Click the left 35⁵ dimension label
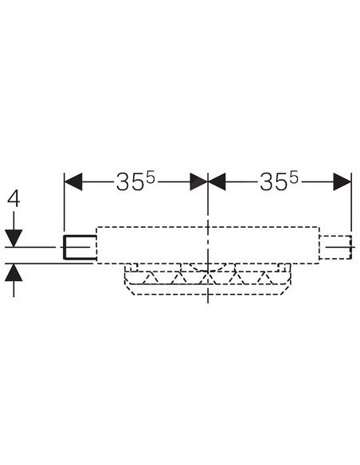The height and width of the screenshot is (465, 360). pyautogui.click(x=135, y=182)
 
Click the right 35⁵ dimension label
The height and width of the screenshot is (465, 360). pyautogui.click(x=279, y=182)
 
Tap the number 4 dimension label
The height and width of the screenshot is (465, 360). pyautogui.click(x=14, y=199)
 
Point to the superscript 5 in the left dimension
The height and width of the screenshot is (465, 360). pyautogui.click(x=151, y=178)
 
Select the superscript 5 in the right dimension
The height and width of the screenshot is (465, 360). pyautogui.click(x=294, y=178)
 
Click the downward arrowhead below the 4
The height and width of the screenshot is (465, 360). pyautogui.click(x=14, y=238)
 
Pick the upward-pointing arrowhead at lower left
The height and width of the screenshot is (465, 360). pyautogui.click(x=14, y=272)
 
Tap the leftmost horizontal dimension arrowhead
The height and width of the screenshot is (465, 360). pyautogui.click(x=73, y=182)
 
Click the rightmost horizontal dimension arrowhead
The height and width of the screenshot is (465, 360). pyautogui.click(x=342, y=182)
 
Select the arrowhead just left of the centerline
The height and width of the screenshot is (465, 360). pyautogui.click(x=199, y=182)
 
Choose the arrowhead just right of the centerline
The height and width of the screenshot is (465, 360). pyautogui.click(x=217, y=182)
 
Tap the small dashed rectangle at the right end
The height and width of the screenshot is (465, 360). pyautogui.click(x=336, y=248)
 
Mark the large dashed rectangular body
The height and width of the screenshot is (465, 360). pyautogui.click(x=208, y=227)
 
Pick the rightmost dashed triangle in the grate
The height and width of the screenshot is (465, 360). pyautogui.click(x=265, y=278)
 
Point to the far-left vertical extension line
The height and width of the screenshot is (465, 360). pyautogui.click(x=64, y=205)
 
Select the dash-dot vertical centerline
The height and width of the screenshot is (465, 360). pyautogui.click(x=208, y=237)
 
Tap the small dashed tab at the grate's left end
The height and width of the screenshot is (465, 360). pyautogui.click(x=131, y=268)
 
